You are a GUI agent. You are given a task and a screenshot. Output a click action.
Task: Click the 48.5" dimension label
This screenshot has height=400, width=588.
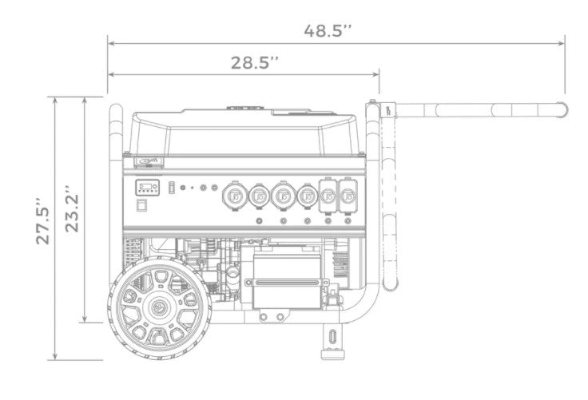[328, 31]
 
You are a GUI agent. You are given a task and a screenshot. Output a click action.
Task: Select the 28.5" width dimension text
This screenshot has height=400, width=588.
[256, 61]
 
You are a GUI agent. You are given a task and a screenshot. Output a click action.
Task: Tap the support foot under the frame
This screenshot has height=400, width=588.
[330, 335]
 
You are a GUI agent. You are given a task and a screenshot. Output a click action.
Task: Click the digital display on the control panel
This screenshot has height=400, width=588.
[145, 189]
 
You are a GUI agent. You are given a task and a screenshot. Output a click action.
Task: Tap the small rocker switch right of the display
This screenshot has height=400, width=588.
[170, 188]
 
